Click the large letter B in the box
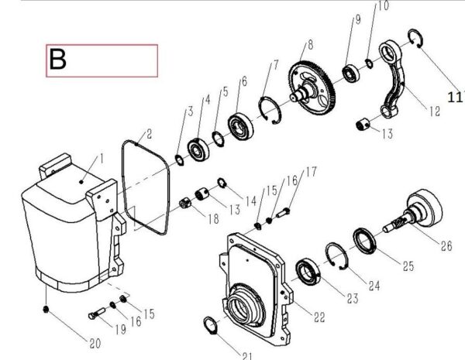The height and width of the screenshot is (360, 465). (57, 60)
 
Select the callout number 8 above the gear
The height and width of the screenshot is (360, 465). (310, 45)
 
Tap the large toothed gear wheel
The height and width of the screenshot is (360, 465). (312, 87)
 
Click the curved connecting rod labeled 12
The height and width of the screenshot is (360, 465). (391, 78)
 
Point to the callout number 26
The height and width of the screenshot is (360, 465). (446, 246)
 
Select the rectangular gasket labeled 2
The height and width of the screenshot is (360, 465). (146, 187)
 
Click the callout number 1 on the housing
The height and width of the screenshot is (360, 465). (102, 159)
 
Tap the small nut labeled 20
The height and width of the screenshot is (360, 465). (46, 310)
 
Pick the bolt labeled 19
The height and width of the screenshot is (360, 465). (97, 314)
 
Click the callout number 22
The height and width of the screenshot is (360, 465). (319, 317)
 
